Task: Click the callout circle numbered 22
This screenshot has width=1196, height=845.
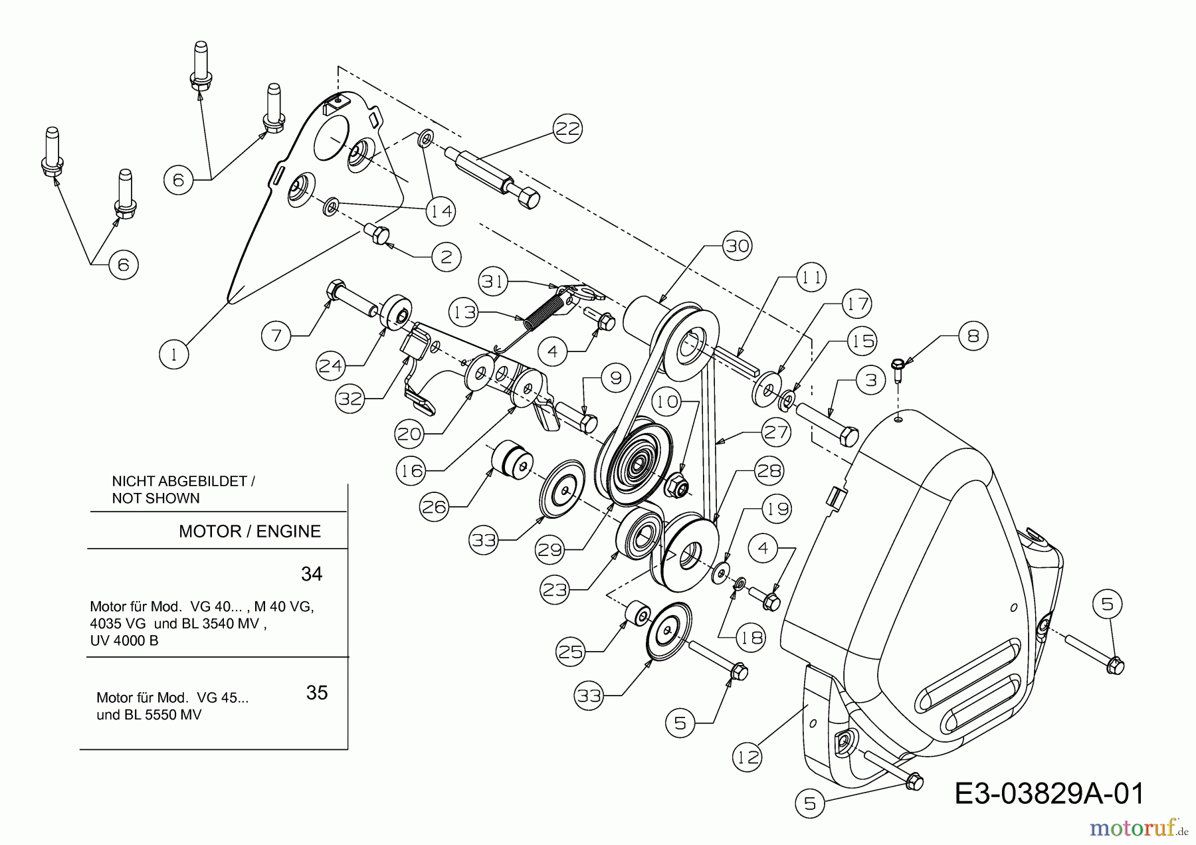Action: (567, 128)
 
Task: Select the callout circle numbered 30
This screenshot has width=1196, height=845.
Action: (737, 246)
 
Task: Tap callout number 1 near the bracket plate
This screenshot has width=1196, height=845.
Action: (174, 354)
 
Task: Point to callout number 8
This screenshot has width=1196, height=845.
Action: (973, 335)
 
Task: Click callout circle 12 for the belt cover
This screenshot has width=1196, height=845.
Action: (748, 757)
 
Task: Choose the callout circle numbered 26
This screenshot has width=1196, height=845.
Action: (434, 508)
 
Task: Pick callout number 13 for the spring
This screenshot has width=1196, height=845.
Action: (464, 312)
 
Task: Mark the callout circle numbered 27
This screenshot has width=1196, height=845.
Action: (775, 432)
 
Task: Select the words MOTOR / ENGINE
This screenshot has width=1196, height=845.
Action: (250, 531)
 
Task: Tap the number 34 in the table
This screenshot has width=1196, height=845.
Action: (312, 573)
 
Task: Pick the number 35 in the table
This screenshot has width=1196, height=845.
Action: (317, 693)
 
